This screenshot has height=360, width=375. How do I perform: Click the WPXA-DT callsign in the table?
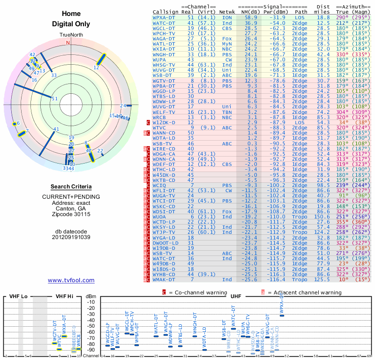(165, 17)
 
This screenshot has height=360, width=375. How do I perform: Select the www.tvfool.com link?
(71, 280)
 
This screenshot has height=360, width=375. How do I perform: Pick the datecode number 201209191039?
(71, 237)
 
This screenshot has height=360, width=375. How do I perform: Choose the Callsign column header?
(166, 12)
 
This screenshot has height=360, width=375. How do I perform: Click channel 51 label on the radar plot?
(54, 98)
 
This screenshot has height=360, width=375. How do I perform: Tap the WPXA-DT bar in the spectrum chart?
(282, 315)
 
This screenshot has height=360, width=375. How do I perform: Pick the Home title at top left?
(71, 14)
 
